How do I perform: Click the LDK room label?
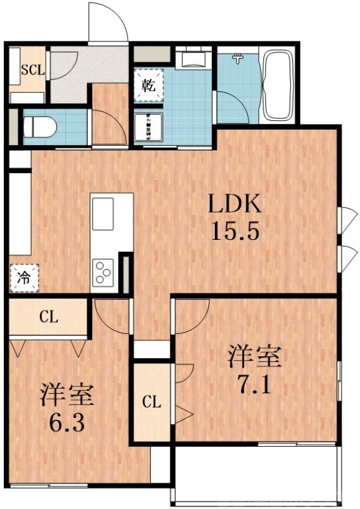tap(235, 205)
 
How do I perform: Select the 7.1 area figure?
tap(254, 384)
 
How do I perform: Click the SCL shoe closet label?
tap(31, 69)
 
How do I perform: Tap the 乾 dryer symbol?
tap(148, 83)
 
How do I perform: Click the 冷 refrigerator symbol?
tap(24, 277)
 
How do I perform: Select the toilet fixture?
tap(39, 124)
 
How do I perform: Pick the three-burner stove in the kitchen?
tap(103, 274)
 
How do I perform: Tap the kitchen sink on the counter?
tap(103, 214)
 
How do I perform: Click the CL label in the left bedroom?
tap(48, 316)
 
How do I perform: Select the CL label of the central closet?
tap(151, 401)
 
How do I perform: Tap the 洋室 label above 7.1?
tap(254, 357)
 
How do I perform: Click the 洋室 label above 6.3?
tap(67, 394)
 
